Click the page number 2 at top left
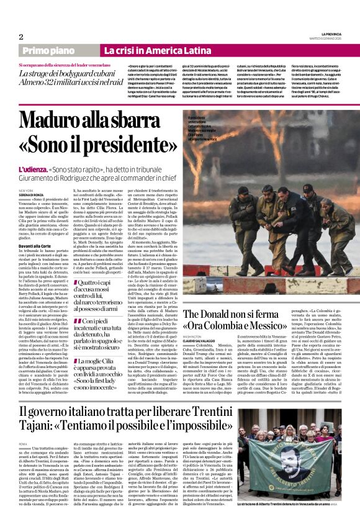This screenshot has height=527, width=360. tap(21, 37)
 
